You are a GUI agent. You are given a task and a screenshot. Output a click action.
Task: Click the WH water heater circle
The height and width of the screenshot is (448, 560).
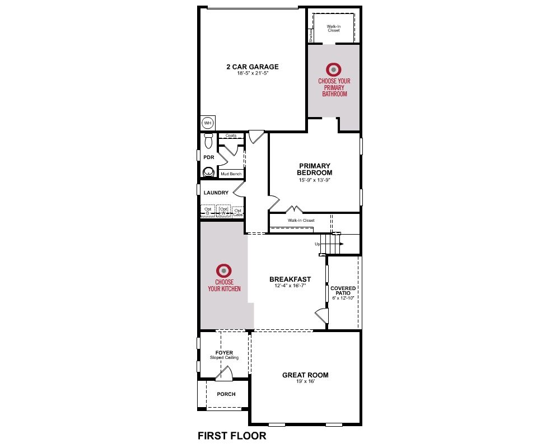(208, 123)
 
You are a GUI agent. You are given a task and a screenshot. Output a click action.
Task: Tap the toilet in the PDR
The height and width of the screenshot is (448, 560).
(208, 141)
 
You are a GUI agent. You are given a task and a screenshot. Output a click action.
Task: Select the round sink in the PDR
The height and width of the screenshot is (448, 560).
(208, 172)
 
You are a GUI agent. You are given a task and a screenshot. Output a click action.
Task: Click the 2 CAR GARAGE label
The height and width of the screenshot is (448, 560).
(253, 67)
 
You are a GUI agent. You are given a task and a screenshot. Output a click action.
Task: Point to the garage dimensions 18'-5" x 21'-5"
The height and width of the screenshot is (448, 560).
(253, 73)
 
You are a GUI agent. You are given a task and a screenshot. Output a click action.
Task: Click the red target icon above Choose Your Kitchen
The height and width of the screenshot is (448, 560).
(224, 271)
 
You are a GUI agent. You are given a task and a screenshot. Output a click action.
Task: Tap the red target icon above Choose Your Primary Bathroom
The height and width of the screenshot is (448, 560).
(334, 69)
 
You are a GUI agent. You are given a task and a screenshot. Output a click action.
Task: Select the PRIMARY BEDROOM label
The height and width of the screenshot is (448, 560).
(315, 169)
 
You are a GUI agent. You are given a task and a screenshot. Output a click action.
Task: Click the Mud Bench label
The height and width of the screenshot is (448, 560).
(231, 174)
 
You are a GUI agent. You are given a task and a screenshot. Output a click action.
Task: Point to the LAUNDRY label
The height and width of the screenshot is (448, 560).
(216, 193)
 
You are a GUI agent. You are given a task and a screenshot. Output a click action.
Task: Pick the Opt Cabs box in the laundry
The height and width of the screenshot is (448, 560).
(238, 212)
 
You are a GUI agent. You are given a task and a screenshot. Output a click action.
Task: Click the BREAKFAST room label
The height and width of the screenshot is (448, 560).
(290, 279)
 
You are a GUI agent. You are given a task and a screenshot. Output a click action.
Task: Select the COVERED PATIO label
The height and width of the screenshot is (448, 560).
(343, 291)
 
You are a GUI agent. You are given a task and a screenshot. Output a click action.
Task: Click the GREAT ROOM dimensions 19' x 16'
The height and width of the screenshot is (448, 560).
(305, 381)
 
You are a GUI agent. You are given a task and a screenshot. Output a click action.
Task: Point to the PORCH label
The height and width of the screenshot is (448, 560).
(226, 394)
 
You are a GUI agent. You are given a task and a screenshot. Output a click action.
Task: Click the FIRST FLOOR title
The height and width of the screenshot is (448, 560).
(232, 436)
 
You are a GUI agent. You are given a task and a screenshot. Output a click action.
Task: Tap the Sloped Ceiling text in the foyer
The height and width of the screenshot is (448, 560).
(225, 358)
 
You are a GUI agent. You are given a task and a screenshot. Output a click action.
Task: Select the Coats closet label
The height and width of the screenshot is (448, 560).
(231, 136)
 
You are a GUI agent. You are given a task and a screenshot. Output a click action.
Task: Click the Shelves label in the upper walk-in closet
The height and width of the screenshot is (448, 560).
(311, 36)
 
